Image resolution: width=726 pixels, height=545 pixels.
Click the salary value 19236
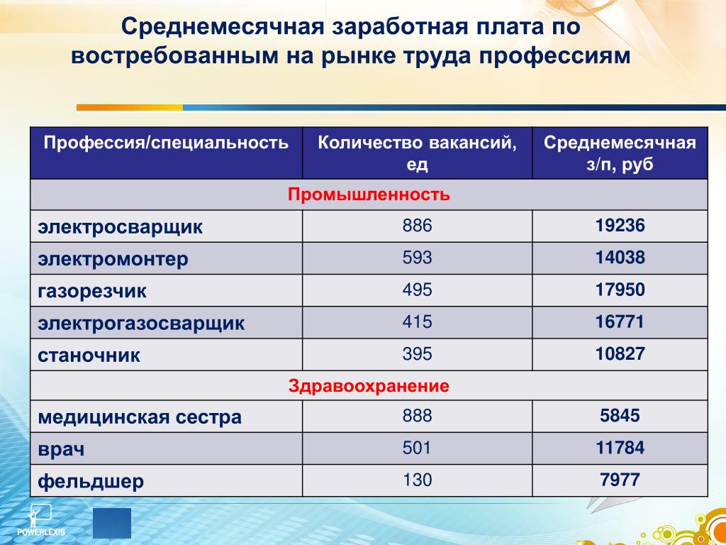coord(620,226)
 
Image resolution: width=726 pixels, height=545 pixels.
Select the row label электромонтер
coord(113,258)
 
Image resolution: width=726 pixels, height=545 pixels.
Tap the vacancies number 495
coord(417,290)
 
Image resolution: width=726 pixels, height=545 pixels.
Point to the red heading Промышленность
coord(369,194)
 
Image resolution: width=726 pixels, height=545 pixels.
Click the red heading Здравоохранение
coord(369,385)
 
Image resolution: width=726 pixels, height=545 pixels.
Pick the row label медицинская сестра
coord(140,417)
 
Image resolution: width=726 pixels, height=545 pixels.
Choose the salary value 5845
coord(620,416)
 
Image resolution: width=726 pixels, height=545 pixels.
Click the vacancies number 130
coord(417,480)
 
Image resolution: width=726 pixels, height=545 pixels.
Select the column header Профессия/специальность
coord(166,142)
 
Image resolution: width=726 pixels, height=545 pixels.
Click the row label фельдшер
coord(91,482)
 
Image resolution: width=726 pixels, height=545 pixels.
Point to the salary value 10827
coord(620,353)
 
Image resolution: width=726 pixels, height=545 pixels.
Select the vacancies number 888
coord(417,416)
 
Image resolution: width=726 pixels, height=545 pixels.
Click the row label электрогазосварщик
coord(141,323)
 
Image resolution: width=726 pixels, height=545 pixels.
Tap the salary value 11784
coord(620,448)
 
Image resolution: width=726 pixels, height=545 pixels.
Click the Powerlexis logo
coord(41,520)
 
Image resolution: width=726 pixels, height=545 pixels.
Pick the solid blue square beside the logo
coord(112,523)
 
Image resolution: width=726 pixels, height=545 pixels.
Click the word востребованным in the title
coord(175,56)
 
